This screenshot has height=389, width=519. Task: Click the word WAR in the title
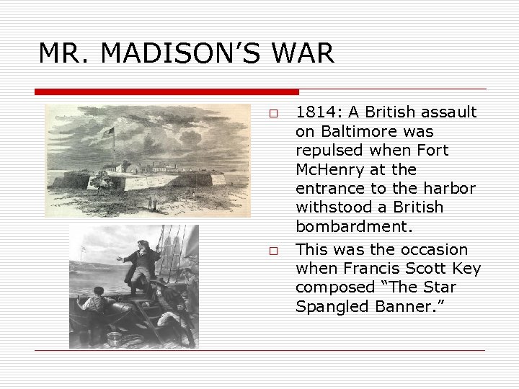click(303, 53)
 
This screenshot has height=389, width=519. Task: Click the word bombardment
click(353, 226)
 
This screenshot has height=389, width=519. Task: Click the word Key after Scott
click(466, 269)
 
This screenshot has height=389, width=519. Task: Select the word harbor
click(451, 189)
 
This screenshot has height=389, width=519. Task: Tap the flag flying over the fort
click(109, 133)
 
